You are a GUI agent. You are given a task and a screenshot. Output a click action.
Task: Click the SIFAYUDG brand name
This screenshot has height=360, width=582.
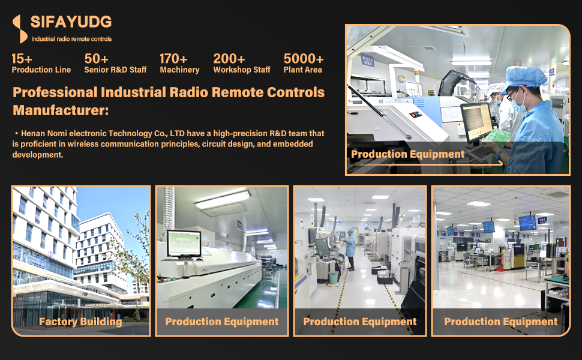point(71,22)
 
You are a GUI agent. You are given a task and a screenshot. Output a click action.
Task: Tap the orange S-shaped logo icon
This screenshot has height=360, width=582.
point(20,29)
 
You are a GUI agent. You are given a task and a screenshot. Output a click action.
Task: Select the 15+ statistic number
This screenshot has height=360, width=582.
point(22,59)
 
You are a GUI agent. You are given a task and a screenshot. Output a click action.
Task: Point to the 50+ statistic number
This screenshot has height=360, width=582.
point(96,59)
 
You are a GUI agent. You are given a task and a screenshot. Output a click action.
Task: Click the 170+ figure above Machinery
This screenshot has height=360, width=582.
point(173,59)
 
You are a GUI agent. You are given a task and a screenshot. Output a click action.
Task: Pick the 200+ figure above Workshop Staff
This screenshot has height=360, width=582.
point(229,59)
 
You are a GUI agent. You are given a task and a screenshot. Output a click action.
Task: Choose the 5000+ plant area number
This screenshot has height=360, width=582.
point(304,59)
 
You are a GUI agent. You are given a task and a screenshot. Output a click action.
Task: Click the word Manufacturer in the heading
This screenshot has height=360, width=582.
point(61,110)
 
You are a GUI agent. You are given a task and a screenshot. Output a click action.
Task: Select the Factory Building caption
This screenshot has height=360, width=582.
point(80,322)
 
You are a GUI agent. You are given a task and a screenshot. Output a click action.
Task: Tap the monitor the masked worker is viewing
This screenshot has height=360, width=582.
point(477,122)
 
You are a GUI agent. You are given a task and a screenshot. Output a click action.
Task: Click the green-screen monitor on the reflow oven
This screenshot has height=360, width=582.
point(184,244)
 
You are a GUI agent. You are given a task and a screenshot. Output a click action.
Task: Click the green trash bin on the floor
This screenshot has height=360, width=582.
point(334,278)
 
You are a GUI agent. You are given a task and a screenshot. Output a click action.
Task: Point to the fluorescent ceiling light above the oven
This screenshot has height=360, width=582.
point(223,200)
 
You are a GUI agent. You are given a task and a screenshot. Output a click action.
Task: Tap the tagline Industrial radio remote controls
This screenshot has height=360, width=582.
point(71,39)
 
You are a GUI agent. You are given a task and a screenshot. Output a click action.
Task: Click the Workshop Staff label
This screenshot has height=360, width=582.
point(242,70)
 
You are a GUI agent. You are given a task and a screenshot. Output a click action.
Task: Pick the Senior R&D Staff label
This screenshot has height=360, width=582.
point(115,70)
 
